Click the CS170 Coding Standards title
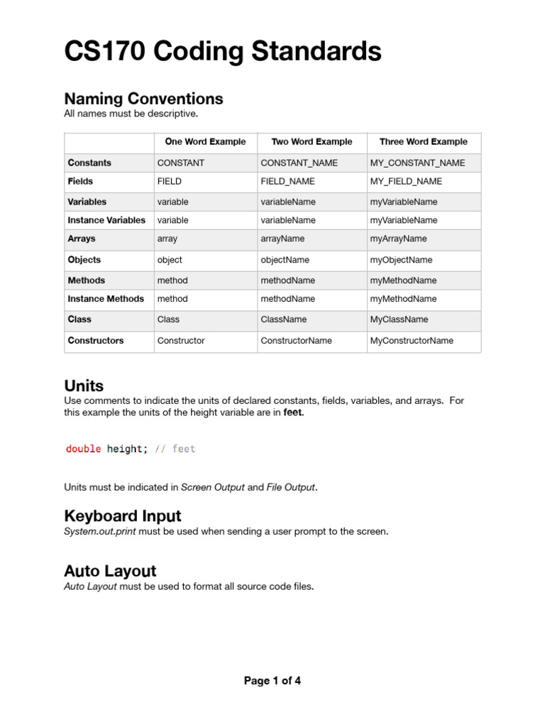point(223,53)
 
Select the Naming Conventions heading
point(143,99)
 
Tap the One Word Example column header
point(205,142)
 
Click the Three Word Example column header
point(424,142)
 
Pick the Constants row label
point(89,163)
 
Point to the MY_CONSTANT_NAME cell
point(418,163)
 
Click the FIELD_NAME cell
point(290,181)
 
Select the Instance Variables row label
point(106,220)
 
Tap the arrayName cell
point(282,239)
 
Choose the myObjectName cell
point(401,260)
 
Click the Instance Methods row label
point(106,299)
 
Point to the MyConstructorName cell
point(412,341)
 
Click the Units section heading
point(84,386)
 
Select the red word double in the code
point(84,449)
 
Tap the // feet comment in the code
point(175,449)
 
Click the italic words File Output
point(290,487)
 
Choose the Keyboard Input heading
point(122,515)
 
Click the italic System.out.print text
point(100,531)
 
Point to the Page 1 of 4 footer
point(272,681)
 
